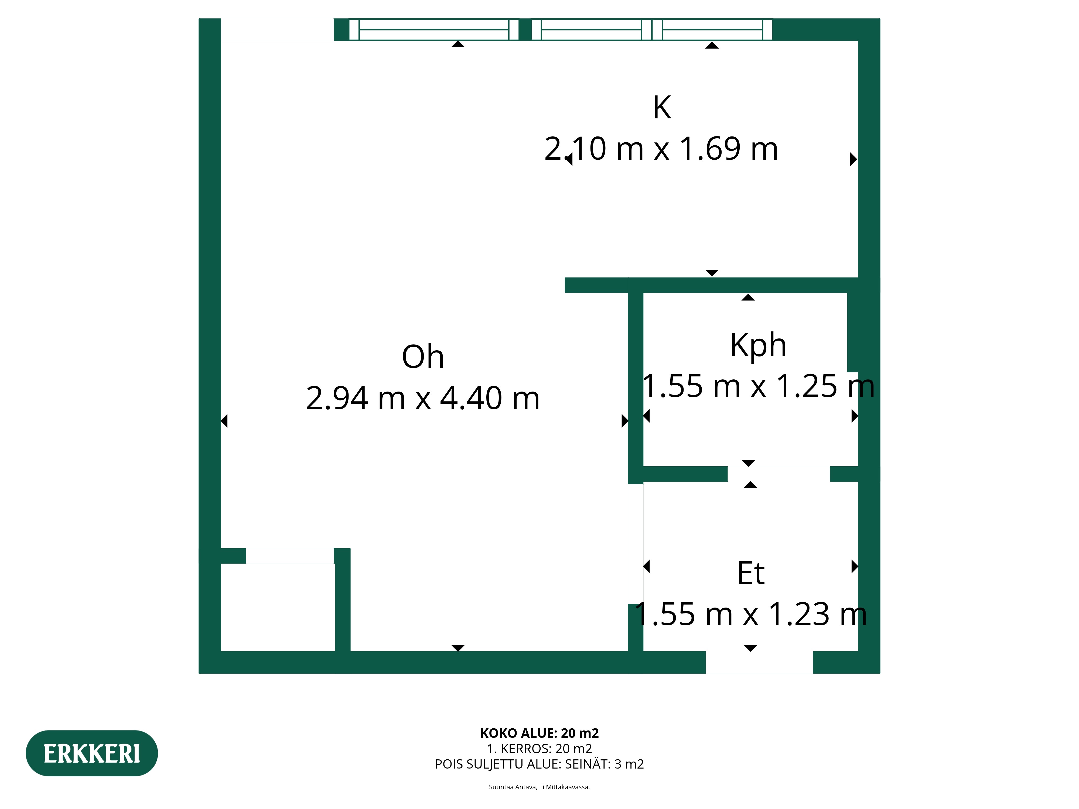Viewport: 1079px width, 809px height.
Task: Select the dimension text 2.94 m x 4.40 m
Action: tap(423, 398)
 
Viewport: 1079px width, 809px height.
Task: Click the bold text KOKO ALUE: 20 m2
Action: tap(539, 733)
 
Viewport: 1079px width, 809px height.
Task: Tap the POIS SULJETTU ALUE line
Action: tap(539, 764)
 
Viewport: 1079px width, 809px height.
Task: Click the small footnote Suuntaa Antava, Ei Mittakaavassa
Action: tap(539, 787)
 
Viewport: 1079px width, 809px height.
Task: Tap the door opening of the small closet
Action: tap(290, 556)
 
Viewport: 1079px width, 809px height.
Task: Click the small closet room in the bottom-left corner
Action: tap(278, 607)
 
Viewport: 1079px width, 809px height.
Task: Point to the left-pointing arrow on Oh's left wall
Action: tap(224, 420)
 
